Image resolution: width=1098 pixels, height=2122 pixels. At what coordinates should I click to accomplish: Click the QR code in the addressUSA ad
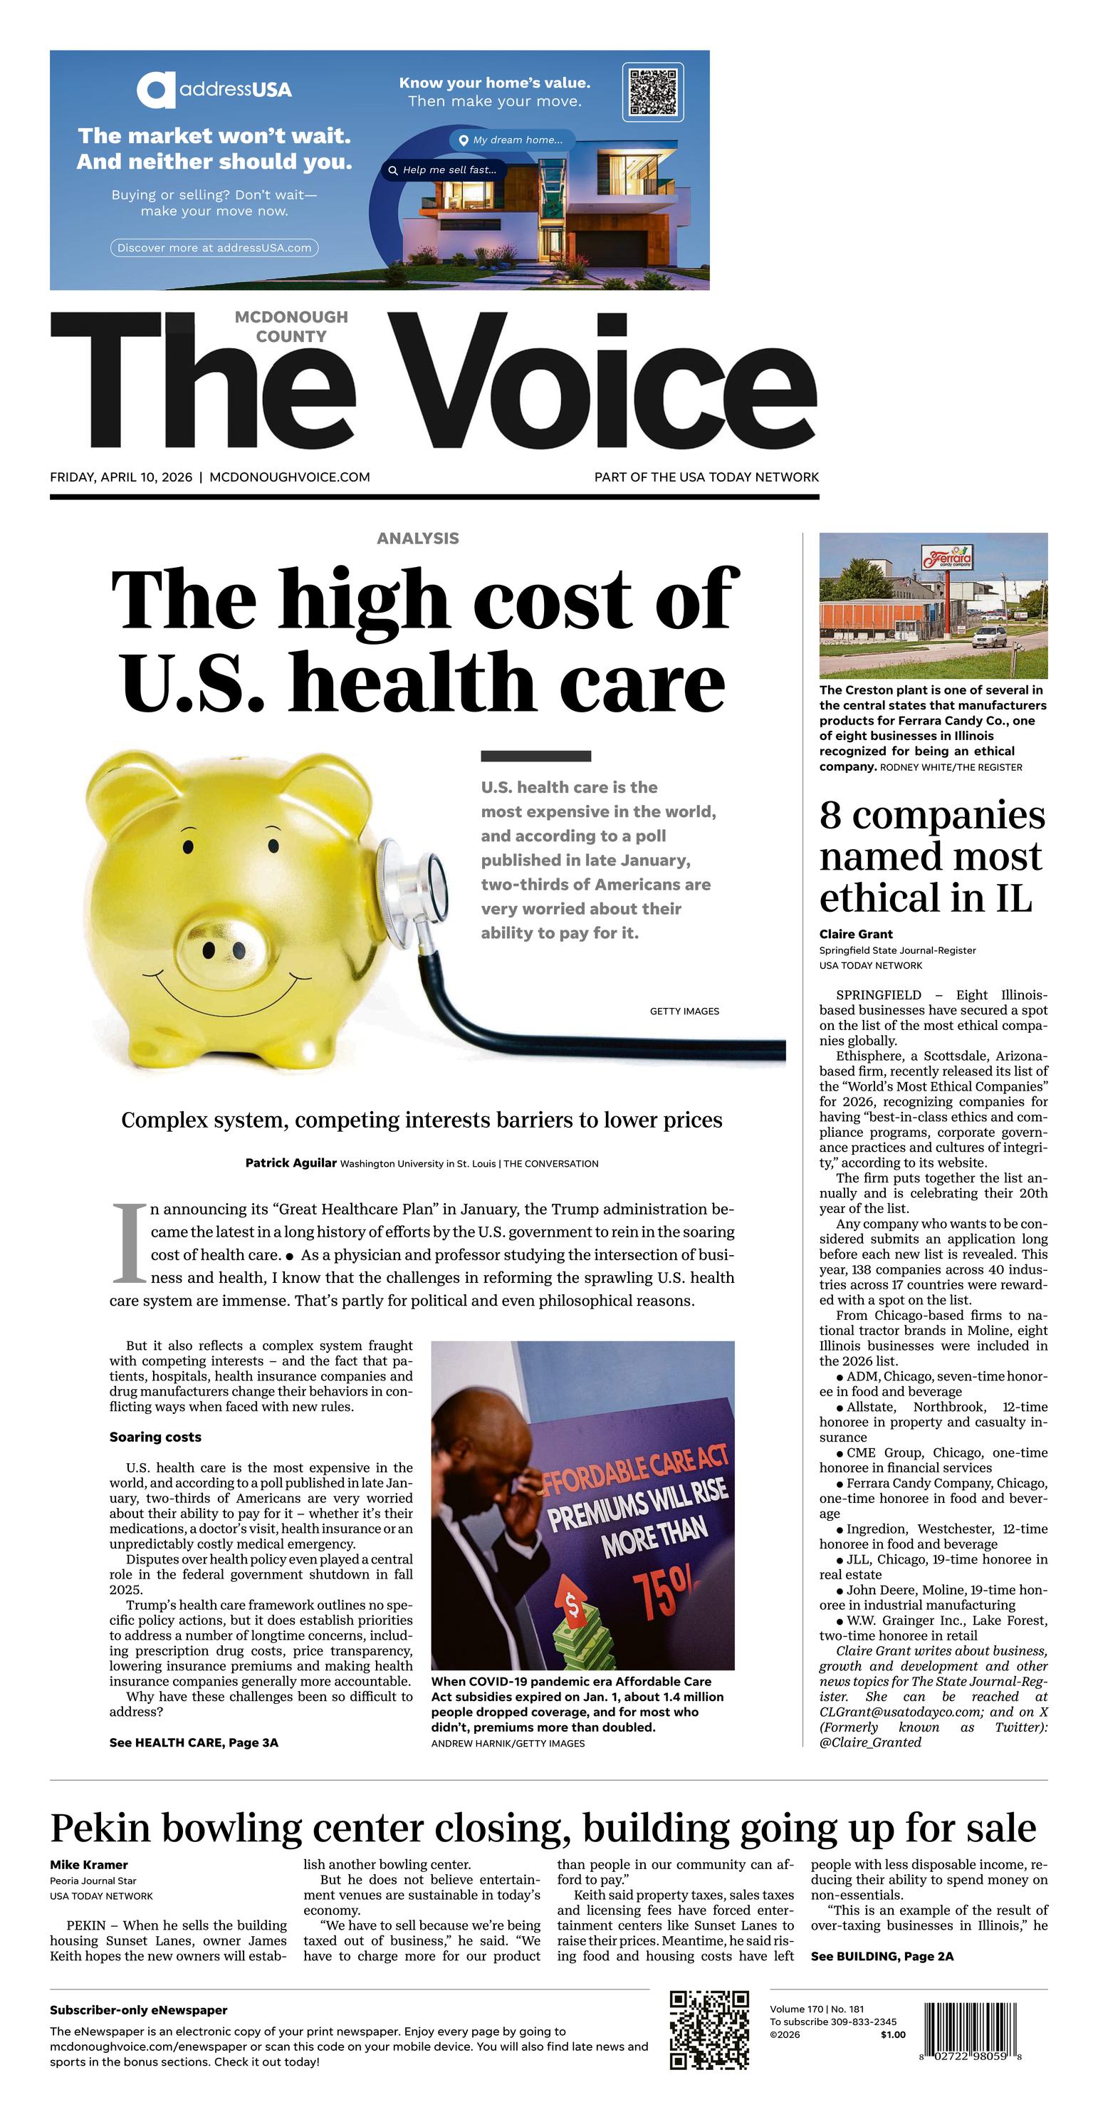click(652, 91)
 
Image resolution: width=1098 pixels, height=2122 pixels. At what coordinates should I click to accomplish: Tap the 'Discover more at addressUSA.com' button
click(214, 248)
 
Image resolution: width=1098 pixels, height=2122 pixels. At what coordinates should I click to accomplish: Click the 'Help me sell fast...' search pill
click(443, 170)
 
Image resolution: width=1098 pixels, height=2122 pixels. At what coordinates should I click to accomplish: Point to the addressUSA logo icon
click(156, 90)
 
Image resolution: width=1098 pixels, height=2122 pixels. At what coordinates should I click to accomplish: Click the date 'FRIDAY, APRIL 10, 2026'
click(121, 477)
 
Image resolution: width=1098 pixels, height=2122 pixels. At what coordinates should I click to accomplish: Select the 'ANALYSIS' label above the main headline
click(417, 539)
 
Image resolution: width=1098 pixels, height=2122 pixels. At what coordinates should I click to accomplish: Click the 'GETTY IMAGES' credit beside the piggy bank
click(684, 1011)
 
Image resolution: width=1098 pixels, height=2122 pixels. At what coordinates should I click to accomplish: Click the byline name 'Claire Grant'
click(856, 934)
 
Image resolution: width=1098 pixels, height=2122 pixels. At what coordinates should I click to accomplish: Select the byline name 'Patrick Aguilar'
click(291, 1163)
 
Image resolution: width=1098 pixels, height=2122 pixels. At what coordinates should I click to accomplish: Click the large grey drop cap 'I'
click(127, 1243)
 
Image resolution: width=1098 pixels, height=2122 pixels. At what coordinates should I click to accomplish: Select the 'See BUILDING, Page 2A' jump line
click(882, 1957)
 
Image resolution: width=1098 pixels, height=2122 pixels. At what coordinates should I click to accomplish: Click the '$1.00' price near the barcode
click(892, 2034)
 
